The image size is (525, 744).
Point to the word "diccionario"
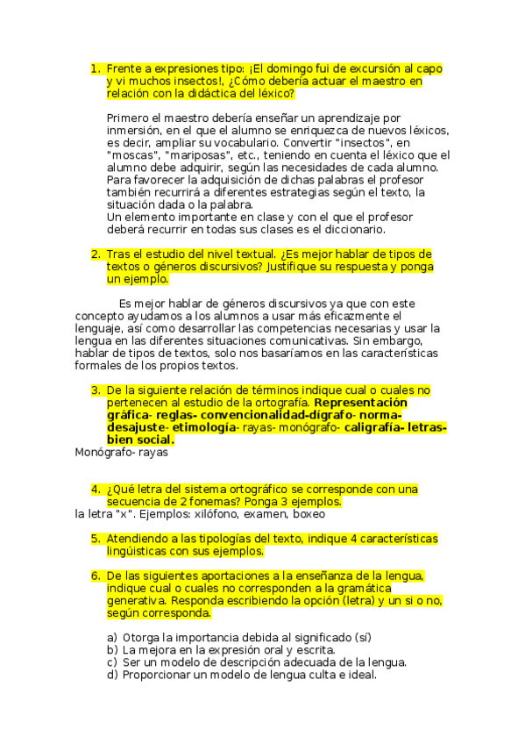click(x=348, y=230)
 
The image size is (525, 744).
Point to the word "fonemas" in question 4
click(x=195, y=502)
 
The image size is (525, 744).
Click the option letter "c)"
click(x=111, y=662)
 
